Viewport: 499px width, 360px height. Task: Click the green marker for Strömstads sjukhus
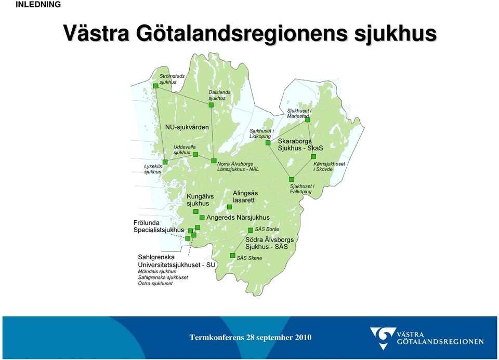155,86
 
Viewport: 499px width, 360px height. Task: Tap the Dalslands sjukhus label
219,95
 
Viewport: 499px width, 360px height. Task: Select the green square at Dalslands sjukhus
212,105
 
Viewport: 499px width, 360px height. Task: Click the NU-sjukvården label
187,127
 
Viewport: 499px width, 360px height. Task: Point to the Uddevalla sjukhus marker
195,155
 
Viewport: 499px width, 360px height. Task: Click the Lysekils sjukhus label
153,169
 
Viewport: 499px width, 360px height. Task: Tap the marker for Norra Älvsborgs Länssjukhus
214,161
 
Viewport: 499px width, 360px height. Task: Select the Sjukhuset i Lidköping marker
268,143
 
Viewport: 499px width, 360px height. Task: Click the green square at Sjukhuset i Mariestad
308,120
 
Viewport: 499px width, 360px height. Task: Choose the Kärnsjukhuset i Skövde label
329,166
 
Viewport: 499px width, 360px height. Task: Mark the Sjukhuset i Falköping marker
292,179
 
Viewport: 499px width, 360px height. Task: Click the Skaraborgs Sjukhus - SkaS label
300,144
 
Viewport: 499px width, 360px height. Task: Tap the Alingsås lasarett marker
229,207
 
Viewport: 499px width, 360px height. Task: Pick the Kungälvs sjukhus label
200,199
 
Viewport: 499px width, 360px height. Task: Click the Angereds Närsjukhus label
238,218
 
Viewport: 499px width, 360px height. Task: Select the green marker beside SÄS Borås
251,230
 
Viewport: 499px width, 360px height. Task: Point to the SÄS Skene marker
233,256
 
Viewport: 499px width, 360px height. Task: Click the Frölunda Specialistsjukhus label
159,226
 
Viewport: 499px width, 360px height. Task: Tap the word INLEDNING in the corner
38,5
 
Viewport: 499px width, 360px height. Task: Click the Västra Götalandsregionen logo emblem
383,338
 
